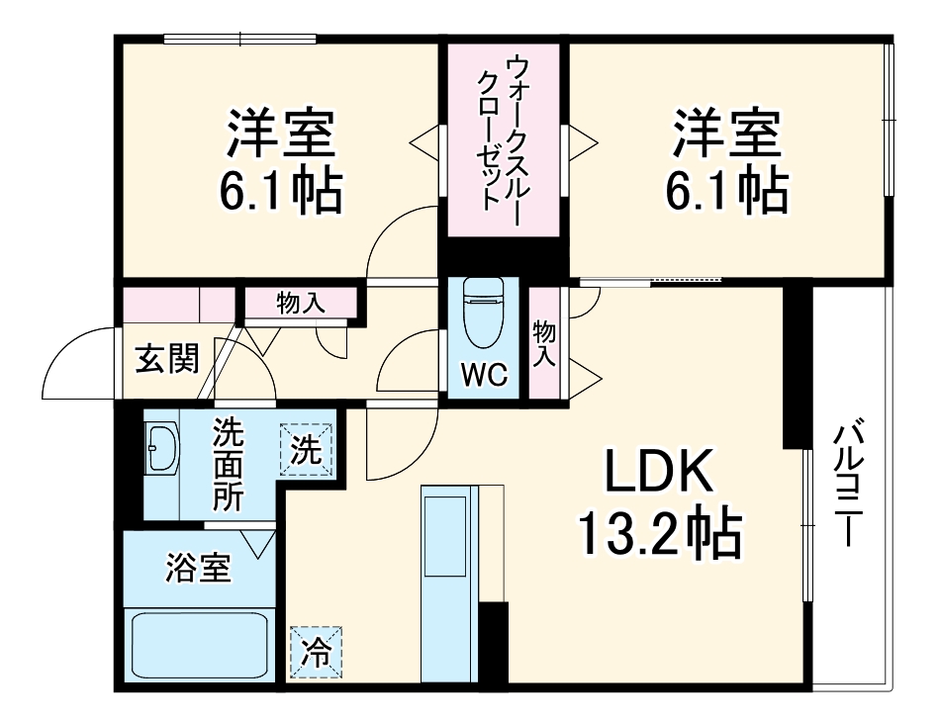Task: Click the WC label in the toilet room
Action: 484,375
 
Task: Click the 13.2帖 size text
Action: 659,535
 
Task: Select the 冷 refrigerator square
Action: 317,652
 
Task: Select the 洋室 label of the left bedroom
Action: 280,136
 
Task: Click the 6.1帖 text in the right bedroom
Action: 726,192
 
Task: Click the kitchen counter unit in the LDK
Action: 448,584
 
